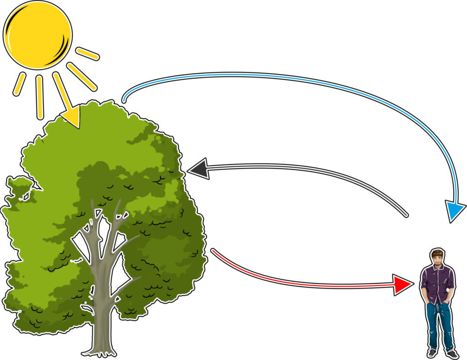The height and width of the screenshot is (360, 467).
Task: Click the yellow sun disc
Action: click(x=37, y=34)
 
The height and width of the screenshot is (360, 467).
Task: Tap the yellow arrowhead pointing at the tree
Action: click(x=72, y=116)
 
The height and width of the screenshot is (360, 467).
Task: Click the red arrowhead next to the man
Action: click(x=402, y=284)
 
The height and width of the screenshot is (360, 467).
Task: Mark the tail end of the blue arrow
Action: click(x=124, y=99)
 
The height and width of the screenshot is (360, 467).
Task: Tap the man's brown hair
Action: click(x=437, y=253)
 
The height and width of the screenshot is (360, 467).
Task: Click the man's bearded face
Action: click(x=437, y=262)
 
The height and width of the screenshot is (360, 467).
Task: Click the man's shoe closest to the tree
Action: click(x=432, y=353)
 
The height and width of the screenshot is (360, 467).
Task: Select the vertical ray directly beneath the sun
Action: click(x=39, y=96)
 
